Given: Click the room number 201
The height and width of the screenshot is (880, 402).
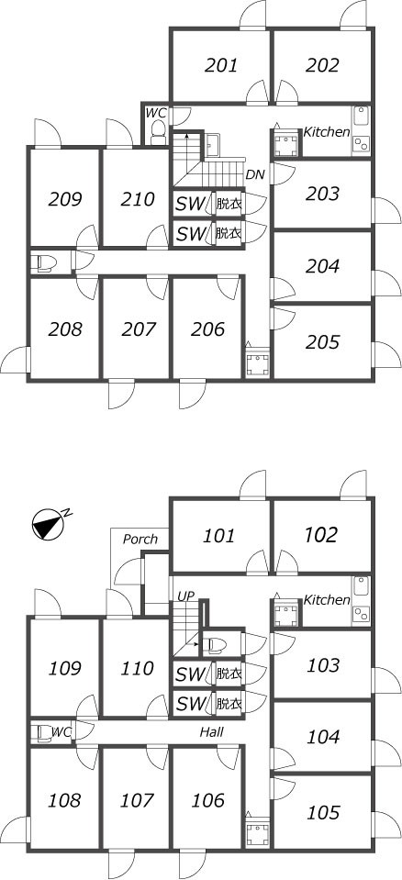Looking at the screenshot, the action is click(x=220, y=66).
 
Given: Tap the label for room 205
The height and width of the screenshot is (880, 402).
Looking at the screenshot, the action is click(x=323, y=341).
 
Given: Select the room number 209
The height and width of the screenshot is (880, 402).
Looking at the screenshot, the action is click(x=65, y=199).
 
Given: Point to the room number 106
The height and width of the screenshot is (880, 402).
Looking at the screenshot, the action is click(x=207, y=800).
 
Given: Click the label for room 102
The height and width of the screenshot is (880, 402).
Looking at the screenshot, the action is click(x=321, y=535).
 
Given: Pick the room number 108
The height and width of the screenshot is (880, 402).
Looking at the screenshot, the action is click(x=65, y=800).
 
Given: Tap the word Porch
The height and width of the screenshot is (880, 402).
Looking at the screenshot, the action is click(x=140, y=540).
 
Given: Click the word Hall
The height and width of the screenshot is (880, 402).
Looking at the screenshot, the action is click(x=212, y=732).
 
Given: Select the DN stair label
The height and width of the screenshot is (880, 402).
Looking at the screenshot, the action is click(x=255, y=175).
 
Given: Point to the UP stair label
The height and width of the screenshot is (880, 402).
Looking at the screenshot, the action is click(x=185, y=596).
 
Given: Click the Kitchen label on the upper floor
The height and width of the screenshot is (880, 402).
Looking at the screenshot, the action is click(x=327, y=132).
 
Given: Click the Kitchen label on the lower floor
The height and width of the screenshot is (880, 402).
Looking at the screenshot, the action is click(x=327, y=600).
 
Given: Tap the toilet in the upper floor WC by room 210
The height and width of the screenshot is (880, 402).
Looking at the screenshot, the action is click(x=159, y=132).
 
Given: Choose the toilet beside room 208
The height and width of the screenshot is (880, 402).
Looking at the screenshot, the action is click(x=46, y=263).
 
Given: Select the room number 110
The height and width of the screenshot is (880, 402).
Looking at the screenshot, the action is click(x=137, y=668).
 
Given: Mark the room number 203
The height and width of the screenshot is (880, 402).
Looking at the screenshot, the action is click(x=323, y=195).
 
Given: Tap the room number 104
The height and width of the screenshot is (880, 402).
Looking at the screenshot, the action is click(x=323, y=737).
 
